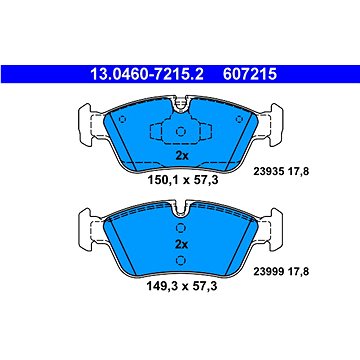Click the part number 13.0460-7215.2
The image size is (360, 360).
pos(147,74)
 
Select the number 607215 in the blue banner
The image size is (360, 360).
pos(250,74)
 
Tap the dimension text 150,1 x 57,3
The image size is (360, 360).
pos(183,180)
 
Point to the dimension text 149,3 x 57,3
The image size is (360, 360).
pos(182,285)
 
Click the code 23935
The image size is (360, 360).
pos(268,172)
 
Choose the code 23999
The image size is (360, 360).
pos(268,272)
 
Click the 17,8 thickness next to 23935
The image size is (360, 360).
pos(298,172)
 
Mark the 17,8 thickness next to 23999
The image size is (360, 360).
pos(298,272)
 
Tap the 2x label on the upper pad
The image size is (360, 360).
pos(182,155)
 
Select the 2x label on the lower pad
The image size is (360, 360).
pos(182,245)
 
